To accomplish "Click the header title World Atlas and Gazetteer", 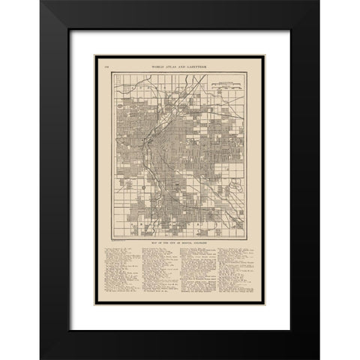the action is tap(180, 67).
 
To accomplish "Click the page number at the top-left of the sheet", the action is tap(106, 67).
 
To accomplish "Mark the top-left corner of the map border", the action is tap(114, 73).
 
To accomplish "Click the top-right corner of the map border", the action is tap(247, 73).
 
